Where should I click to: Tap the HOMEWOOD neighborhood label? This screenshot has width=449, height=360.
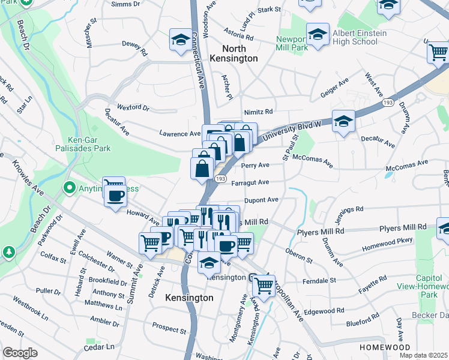click(385, 347)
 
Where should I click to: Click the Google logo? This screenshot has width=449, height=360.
click(20, 353)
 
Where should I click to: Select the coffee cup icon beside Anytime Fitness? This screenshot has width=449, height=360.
click(115, 195)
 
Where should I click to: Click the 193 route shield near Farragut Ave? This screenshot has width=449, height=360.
click(220, 179)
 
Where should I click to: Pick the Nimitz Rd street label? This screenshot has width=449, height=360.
click(258, 112)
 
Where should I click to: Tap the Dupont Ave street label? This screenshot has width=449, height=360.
click(261, 200)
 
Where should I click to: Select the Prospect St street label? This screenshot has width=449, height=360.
click(169, 329)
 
